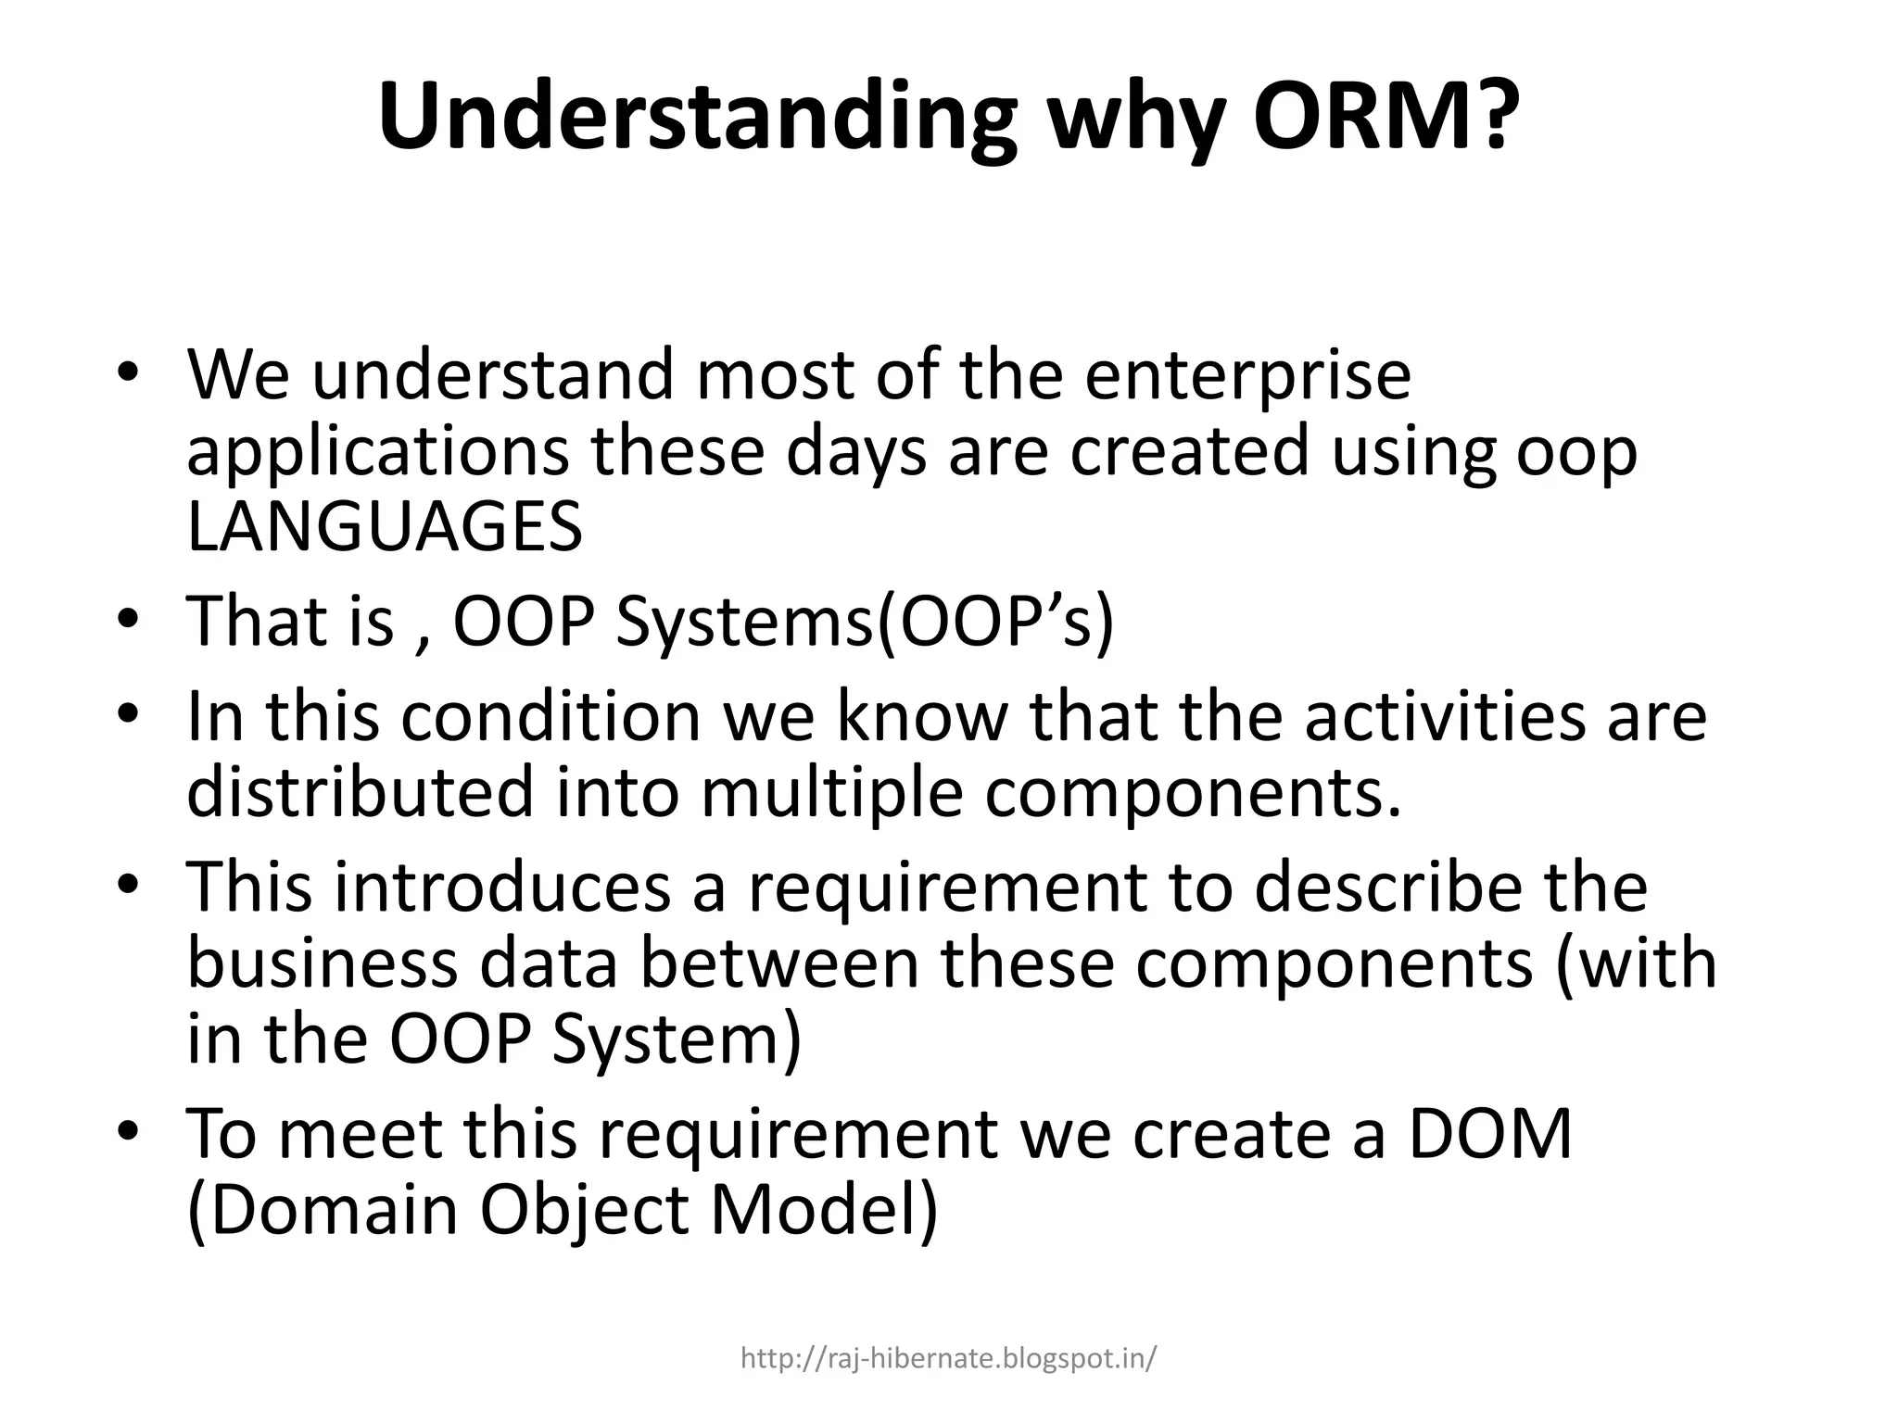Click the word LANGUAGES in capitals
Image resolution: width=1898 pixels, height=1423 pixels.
coord(385,526)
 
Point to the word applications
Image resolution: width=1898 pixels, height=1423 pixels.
coord(377,453)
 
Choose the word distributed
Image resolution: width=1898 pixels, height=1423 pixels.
coord(361,792)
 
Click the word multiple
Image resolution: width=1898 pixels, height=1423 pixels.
coord(831,794)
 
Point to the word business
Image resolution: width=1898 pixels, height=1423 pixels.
coord(322,963)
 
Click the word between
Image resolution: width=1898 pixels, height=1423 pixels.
coord(782,963)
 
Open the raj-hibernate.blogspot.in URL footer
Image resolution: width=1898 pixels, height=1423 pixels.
coord(948,1359)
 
